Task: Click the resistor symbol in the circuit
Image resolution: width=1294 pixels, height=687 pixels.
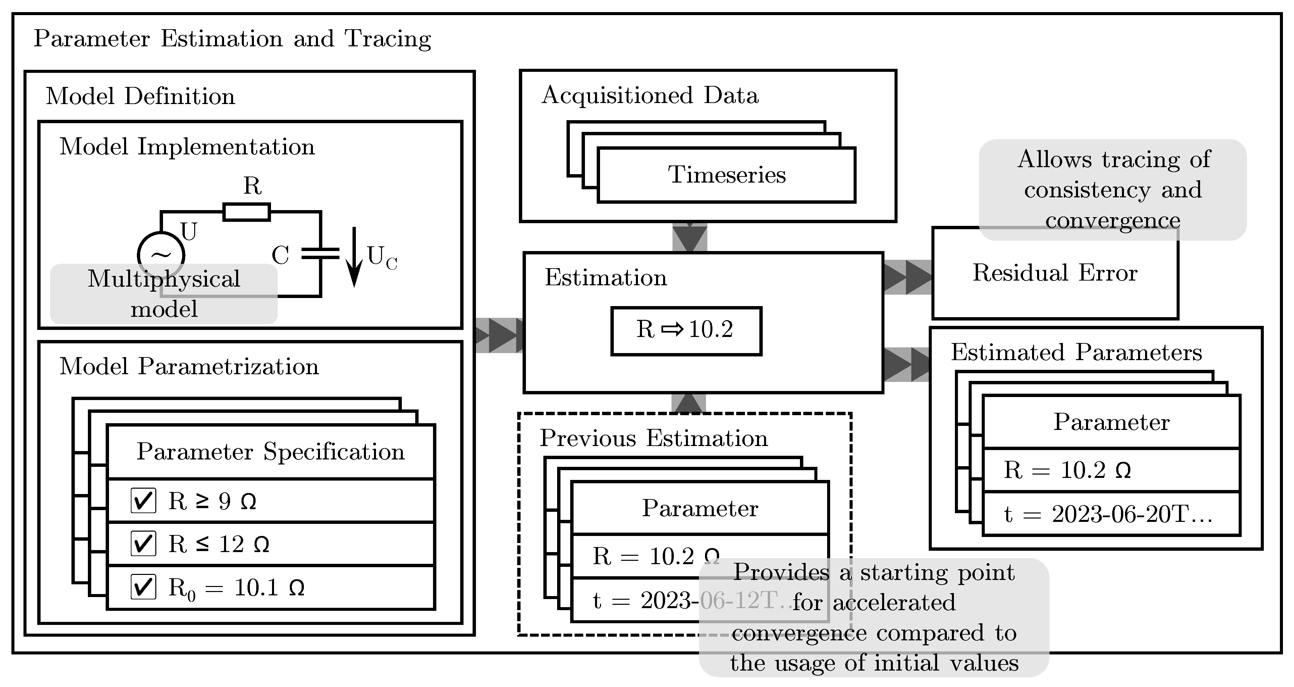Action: click(246, 212)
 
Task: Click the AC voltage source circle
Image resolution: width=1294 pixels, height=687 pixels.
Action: click(161, 255)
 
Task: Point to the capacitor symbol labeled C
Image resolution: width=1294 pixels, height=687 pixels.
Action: click(320, 253)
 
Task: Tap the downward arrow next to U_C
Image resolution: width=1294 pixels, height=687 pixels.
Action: click(354, 256)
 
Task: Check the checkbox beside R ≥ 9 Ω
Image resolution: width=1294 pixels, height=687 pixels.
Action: click(143, 500)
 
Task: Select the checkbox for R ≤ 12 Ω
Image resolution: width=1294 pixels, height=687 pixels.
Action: click(143, 543)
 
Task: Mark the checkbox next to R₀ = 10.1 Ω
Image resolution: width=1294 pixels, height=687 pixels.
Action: click(143, 587)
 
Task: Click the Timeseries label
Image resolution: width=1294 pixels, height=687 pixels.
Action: click(726, 175)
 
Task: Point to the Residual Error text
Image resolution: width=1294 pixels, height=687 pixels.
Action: click(1055, 273)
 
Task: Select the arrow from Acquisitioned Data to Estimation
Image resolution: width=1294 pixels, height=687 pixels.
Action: click(690, 237)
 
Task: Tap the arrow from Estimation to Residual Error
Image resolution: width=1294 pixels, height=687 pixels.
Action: click(907, 277)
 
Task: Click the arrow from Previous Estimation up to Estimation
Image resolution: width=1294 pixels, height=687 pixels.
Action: click(689, 403)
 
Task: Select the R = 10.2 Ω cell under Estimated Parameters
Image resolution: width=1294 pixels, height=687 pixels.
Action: click(1111, 470)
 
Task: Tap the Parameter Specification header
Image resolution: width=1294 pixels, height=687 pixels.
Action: click(270, 451)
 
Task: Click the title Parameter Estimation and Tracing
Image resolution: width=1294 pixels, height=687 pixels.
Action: click(232, 39)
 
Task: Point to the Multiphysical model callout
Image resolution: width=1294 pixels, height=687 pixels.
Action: click(164, 294)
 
